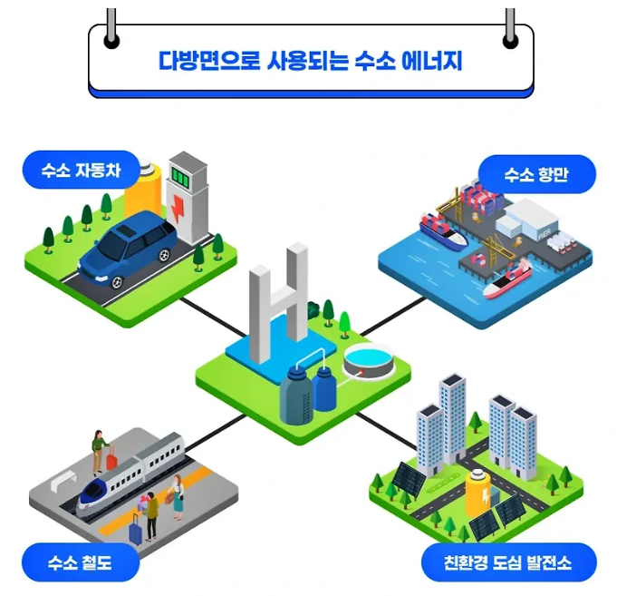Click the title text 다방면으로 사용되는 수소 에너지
pos(311,63)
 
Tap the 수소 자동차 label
pos(81,170)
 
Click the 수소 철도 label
pos(81,563)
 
